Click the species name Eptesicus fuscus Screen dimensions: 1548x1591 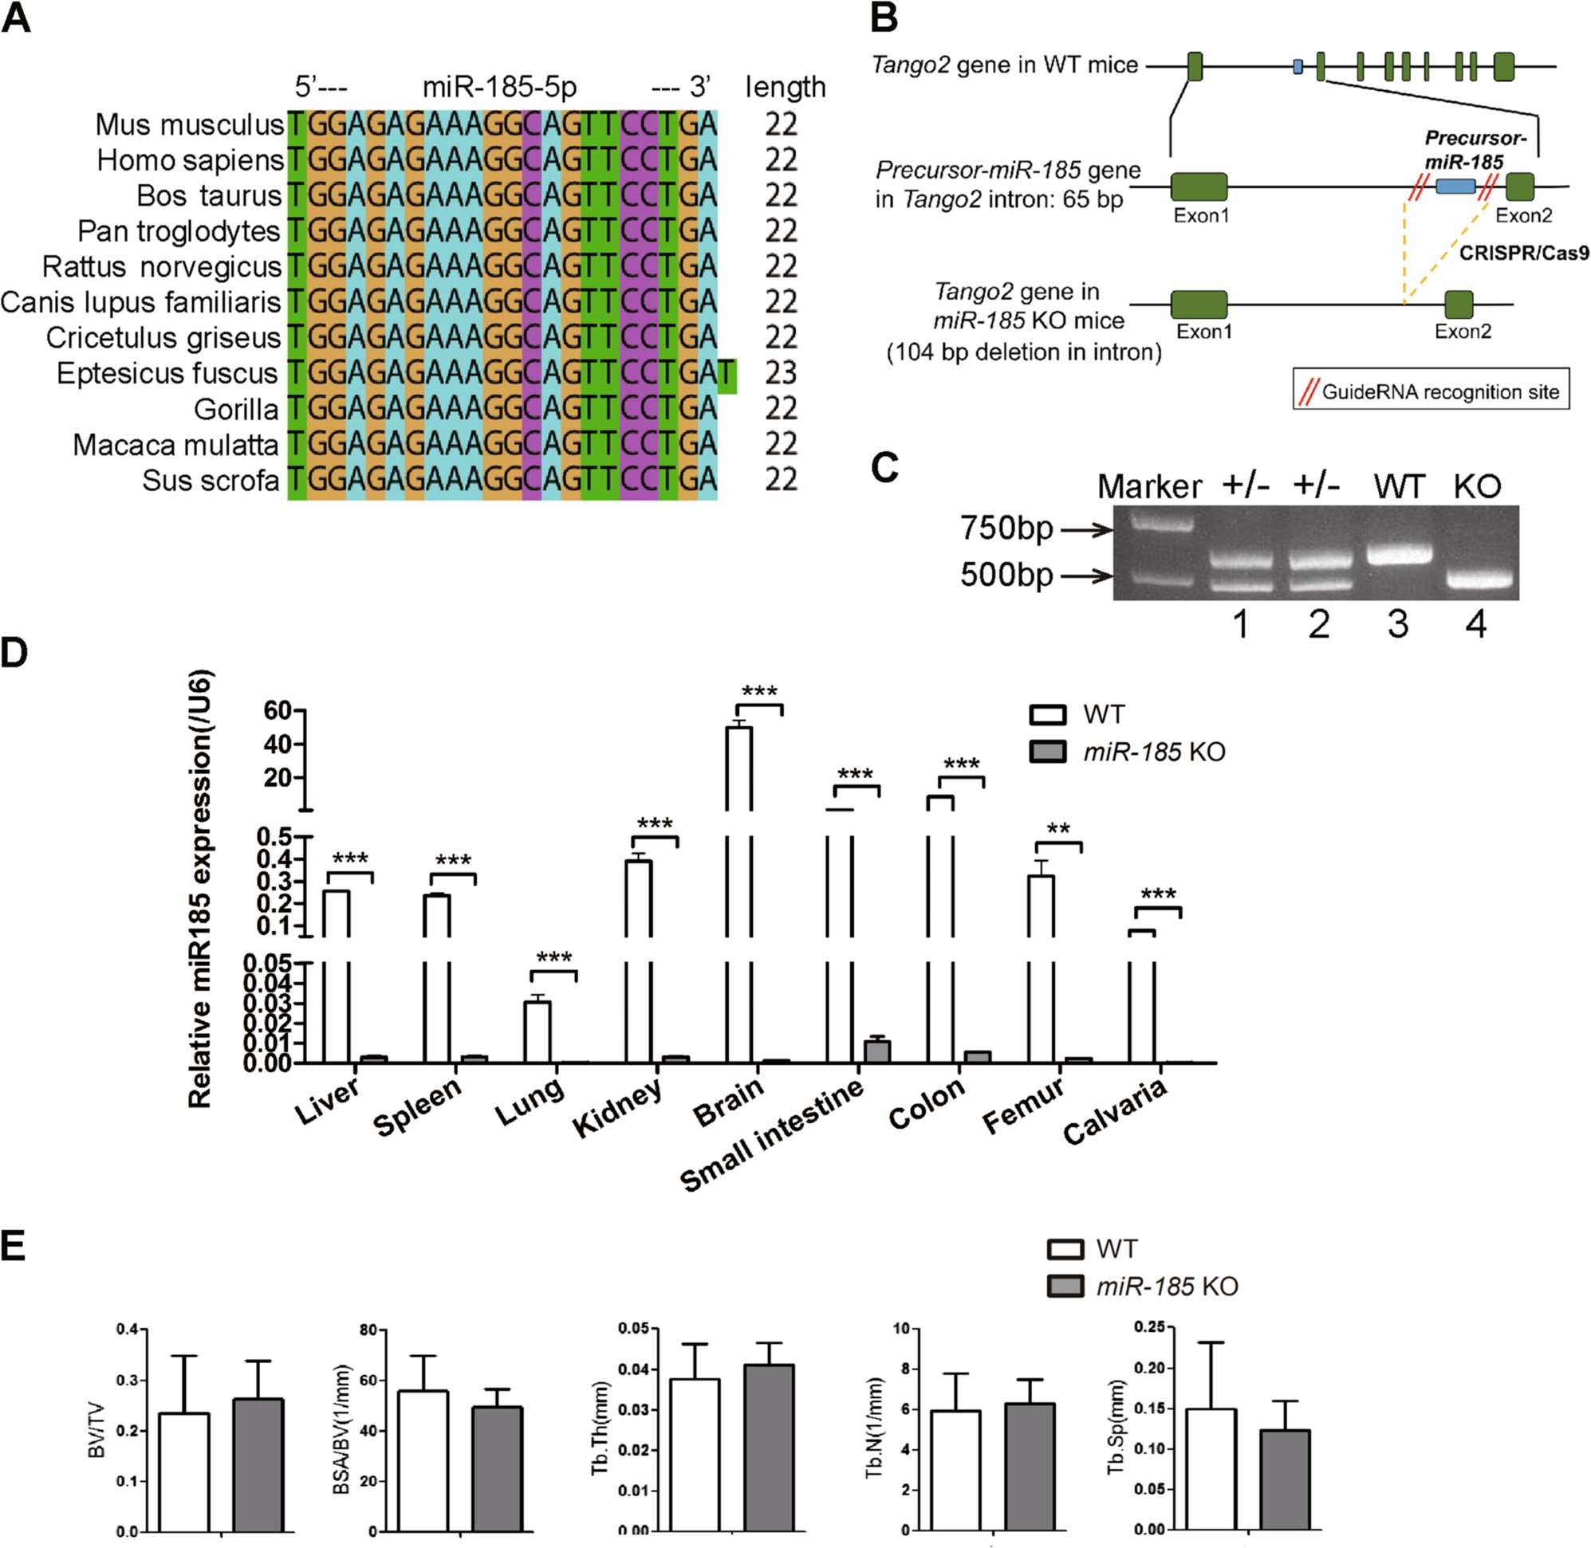click(167, 373)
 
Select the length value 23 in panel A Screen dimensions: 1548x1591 click(781, 373)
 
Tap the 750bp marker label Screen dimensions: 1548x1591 click(1006, 528)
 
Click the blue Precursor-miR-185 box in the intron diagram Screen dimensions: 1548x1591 click(1455, 187)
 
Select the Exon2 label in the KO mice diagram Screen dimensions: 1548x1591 click(1463, 332)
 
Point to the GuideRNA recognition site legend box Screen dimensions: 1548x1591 click(1431, 392)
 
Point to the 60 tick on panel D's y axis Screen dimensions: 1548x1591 click(278, 710)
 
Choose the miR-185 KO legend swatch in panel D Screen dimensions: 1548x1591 click(1048, 751)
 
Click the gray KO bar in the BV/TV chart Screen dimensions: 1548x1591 click(258, 1464)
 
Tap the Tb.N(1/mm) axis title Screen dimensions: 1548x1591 click(875, 1428)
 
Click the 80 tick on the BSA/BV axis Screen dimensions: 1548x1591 click(368, 1331)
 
